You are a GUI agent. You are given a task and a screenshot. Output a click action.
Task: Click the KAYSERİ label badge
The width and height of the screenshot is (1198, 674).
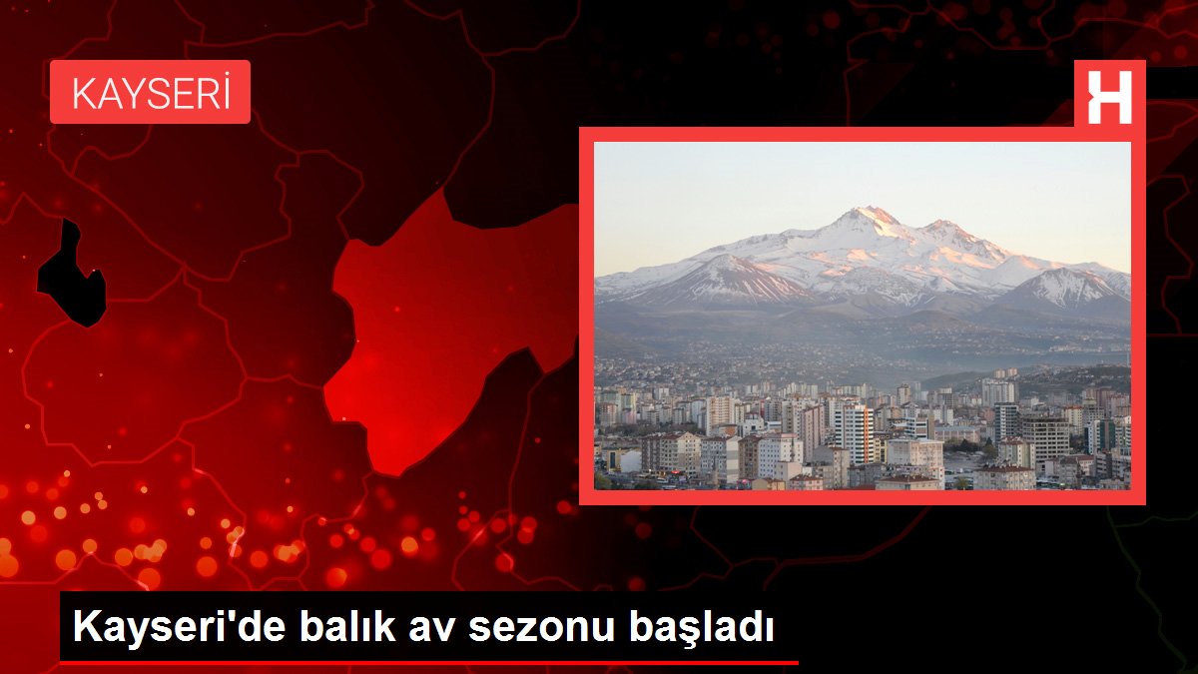point(150,92)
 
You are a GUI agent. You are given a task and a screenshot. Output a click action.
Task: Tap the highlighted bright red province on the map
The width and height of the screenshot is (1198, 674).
point(439,330)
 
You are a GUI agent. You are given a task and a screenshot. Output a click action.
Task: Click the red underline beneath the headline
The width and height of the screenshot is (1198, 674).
point(429,662)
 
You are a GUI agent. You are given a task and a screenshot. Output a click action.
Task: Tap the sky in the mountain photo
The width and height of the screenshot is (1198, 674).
point(759,190)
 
